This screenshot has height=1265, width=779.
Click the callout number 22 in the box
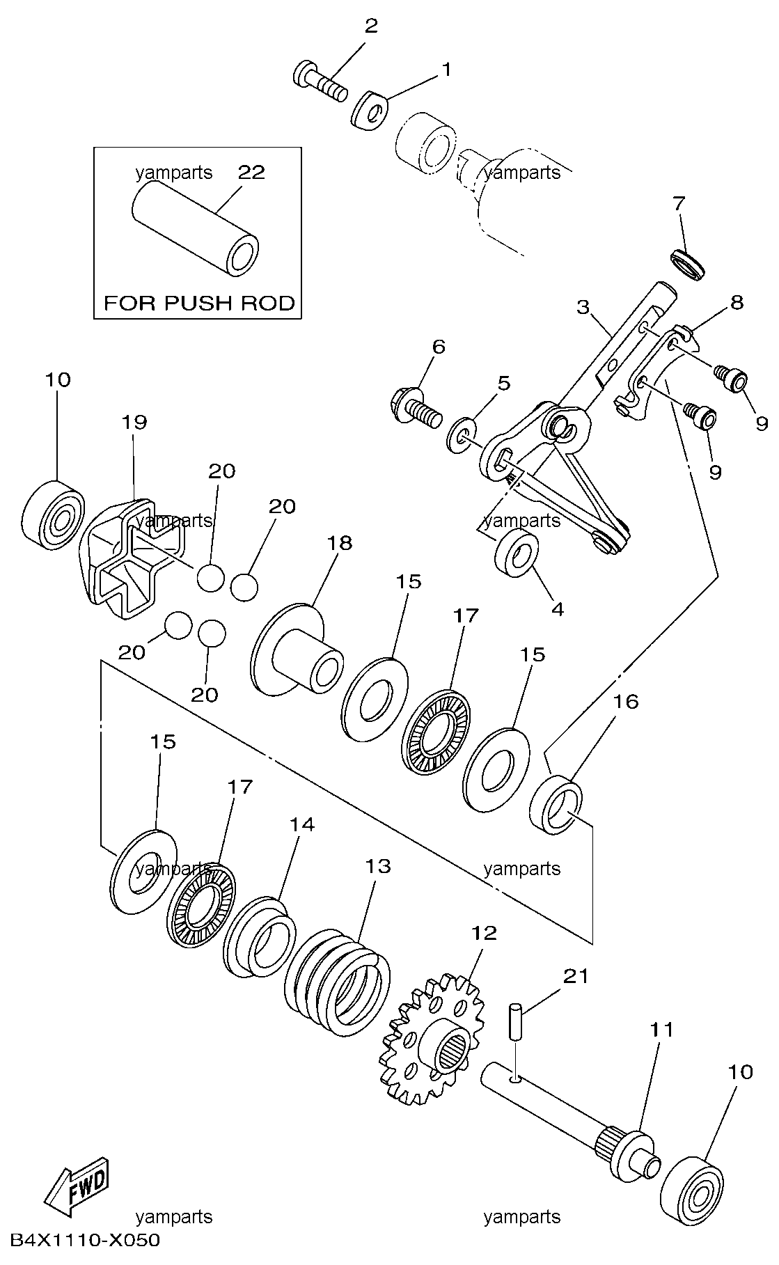click(252, 172)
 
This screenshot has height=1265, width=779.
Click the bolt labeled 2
click(320, 83)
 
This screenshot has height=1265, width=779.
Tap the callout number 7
click(679, 204)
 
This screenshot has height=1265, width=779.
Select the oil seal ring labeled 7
click(687, 266)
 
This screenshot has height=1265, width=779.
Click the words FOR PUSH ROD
click(199, 303)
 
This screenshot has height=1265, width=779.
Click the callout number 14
click(302, 824)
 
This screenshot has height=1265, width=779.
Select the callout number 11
click(662, 1028)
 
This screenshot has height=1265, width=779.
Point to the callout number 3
click(583, 306)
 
